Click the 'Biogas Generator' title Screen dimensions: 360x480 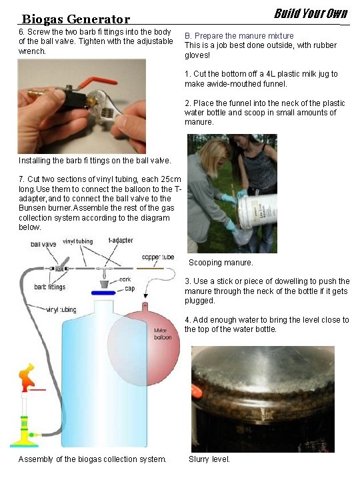(76, 19)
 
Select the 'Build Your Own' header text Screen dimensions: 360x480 (311, 13)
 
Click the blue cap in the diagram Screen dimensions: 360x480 (103, 293)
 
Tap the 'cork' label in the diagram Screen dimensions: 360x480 (125, 279)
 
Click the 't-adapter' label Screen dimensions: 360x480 (121, 240)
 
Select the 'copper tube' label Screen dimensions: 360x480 (158, 257)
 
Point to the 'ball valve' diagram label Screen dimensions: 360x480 (43, 244)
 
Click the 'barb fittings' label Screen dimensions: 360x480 (49, 287)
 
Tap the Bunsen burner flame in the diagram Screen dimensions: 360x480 (27, 377)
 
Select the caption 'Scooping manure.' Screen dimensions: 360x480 (221, 263)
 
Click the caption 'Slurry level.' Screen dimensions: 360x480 (209, 459)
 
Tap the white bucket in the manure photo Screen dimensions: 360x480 (258, 211)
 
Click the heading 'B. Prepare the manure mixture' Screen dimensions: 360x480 (239, 36)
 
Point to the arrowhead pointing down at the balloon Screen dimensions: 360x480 (146, 296)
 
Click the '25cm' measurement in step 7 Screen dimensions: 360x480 (171, 179)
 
